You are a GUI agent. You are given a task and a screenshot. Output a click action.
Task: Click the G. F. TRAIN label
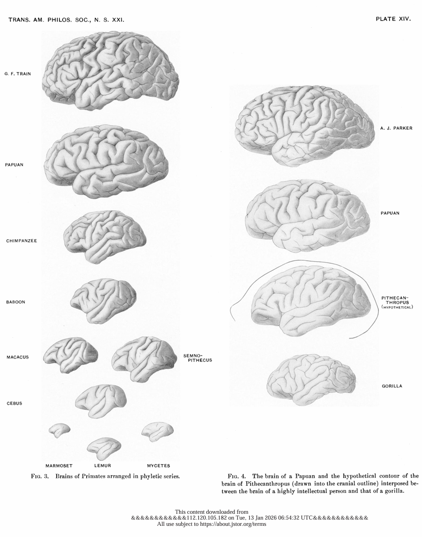17,74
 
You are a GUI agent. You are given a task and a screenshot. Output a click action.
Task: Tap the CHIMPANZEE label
21,241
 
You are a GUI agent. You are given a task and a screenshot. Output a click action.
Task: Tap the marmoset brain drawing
59,430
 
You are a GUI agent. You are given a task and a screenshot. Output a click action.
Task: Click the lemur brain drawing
104,447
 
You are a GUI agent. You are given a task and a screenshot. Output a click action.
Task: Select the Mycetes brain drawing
157,430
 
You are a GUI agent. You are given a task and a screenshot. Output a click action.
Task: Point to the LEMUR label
103,465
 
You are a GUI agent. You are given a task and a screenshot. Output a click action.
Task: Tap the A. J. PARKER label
396,128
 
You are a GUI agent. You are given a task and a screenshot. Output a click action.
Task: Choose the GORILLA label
392,386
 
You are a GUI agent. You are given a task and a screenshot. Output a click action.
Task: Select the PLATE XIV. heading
393,20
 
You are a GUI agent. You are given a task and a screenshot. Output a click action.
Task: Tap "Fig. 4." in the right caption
237,475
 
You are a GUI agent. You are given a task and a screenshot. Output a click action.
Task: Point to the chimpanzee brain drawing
105,236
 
